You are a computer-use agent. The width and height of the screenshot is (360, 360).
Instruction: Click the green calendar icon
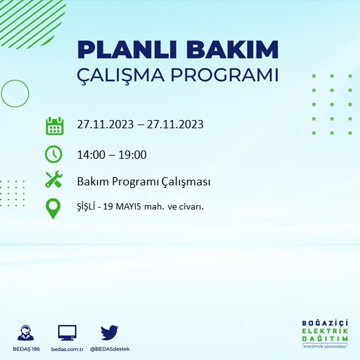click(55, 125)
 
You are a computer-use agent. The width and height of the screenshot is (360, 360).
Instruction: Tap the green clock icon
click(54, 154)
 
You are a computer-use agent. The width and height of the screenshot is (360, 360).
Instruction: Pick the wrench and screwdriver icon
click(54, 180)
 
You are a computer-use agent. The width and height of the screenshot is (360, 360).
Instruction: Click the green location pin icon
click(54, 208)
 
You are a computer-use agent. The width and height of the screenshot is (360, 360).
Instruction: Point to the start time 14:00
click(90, 154)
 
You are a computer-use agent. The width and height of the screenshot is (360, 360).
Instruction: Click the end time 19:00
click(133, 154)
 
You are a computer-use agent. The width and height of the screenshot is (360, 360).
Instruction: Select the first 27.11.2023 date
click(105, 124)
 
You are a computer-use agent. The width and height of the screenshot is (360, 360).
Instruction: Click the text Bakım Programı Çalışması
click(143, 182)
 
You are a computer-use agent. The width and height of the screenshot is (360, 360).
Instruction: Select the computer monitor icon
click(67, 332)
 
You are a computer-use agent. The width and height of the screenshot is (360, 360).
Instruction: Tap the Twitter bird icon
click(109, 332)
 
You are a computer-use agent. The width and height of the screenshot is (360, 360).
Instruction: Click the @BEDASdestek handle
click(109, 350)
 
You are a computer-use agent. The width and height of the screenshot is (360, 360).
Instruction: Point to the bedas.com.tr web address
click(67, 350)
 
